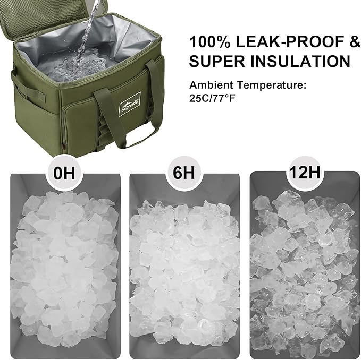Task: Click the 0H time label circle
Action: coord(66,173)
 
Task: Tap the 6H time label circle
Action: coord(184,173)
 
